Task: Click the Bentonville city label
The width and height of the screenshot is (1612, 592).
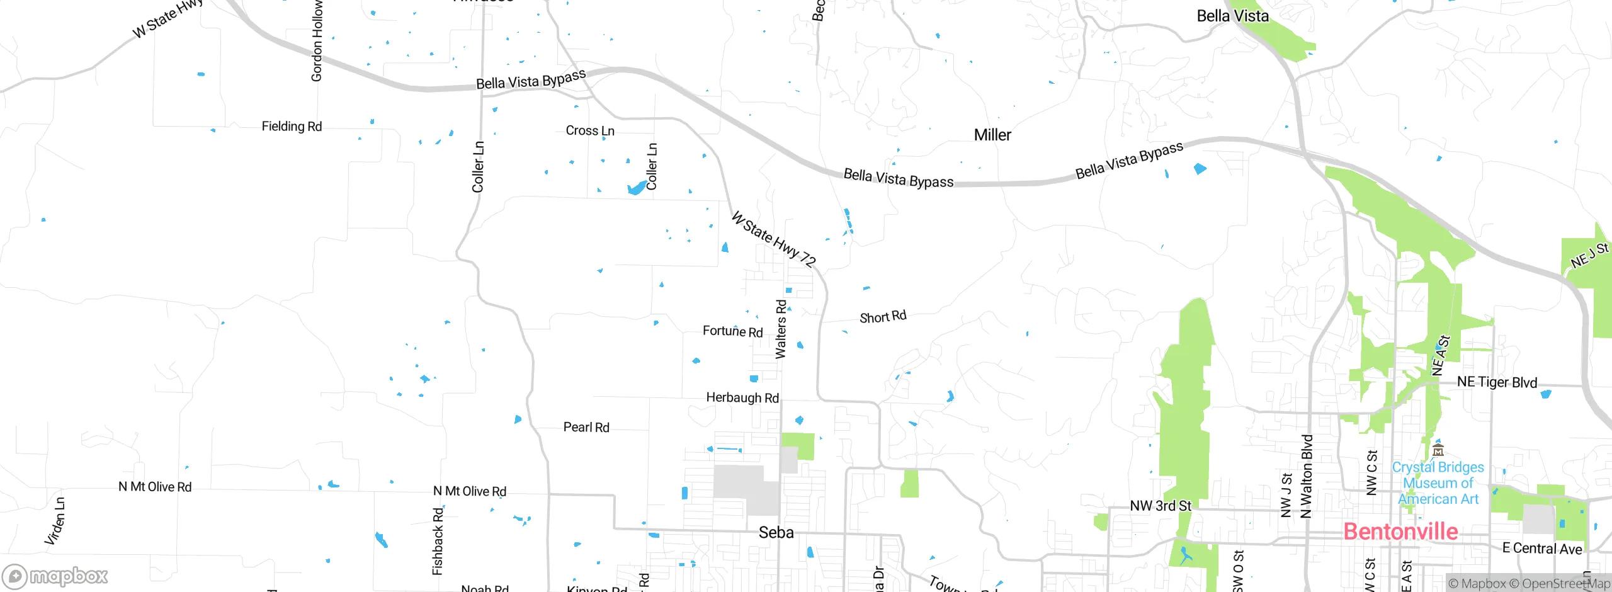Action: click(1400, 532)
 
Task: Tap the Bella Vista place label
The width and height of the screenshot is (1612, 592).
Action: click(1232, 16)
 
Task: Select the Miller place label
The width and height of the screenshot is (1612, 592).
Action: click(992, 135)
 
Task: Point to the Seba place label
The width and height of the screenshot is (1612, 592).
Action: click(776, 533)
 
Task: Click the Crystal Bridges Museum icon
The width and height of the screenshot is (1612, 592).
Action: click(1438, 450)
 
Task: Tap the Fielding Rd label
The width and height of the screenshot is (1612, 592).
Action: click(292, 127)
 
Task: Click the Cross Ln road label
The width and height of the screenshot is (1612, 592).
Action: click(589, 131)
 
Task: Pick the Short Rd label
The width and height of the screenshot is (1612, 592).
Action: click(883, 317)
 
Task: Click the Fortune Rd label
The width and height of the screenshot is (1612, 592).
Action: click(732, 331)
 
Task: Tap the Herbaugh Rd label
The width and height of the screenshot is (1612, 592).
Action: click(742, 398)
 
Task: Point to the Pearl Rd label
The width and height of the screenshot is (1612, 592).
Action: click(586, 428)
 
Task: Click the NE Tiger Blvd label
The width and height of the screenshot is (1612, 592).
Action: click(1497, 382)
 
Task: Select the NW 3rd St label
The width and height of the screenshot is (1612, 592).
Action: click(1161, 506)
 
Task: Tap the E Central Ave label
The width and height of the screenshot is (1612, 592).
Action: click(1541, 549)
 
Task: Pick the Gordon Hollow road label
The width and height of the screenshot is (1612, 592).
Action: click(317, 41)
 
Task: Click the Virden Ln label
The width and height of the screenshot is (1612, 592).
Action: click(55, 521)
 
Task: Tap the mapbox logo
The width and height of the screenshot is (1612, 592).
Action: click(55, 576)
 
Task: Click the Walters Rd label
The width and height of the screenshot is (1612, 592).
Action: click(781, 329)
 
